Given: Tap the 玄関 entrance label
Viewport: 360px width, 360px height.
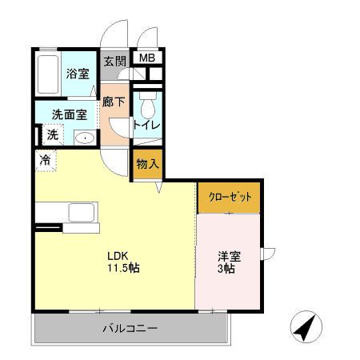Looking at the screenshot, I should (x=114, y=61).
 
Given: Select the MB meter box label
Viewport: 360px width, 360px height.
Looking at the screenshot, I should (x=147, y=58).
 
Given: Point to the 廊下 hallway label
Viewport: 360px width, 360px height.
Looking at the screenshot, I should (x=114, y=102).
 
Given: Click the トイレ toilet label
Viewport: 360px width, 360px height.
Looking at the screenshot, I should (x=146, y=125).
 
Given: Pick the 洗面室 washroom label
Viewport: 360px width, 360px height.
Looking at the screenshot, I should (x=64, y=114).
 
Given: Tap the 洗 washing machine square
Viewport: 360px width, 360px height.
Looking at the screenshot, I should (x=52, y=135).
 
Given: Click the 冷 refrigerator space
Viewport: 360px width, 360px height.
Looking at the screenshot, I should (x=46, y=159).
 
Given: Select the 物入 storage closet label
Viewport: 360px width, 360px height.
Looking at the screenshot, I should (x=147, y=164).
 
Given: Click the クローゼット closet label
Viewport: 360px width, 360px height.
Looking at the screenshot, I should (x=230, y=197).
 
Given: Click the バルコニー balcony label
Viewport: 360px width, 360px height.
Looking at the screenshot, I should (x=130, y=328).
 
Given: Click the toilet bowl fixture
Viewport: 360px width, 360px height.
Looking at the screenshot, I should (x=146, y=105).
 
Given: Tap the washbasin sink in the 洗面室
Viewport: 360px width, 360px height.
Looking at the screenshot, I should (x=85, y=138).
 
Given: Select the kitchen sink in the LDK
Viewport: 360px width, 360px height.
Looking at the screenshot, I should (x=81, y=213).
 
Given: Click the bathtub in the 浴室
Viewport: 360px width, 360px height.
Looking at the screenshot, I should (x=49, y=75).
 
